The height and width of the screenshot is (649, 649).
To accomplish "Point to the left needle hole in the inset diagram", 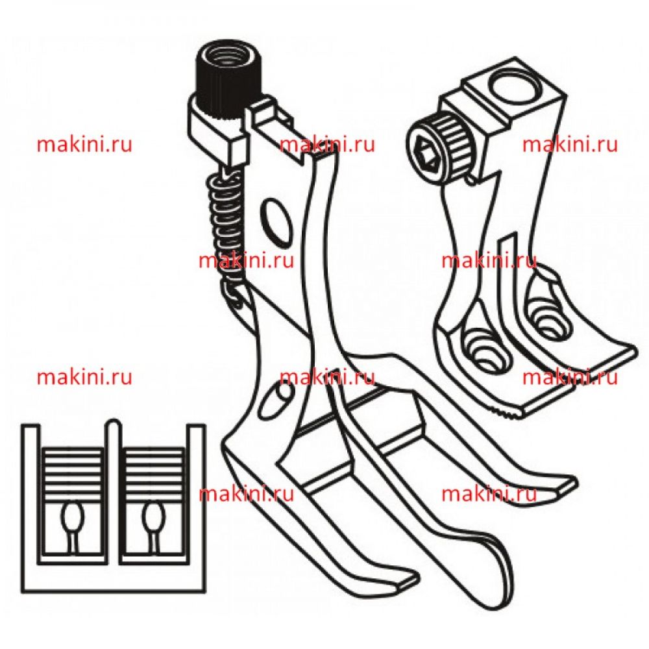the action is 71,514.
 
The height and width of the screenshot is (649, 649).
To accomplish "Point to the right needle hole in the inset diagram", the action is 153,514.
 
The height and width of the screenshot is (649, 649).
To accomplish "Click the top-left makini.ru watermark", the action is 84,145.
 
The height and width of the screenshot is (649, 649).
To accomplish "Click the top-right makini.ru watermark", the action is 570,145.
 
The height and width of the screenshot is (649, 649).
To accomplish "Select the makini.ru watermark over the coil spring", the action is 246,261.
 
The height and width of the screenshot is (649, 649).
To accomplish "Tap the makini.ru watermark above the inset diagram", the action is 84,377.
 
